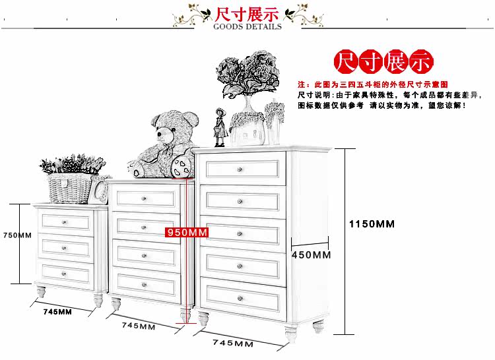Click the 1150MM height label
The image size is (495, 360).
click(x=372, y=224)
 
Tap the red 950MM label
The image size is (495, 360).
click(x=187, y=232)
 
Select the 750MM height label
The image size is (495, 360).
click(x=17, y=235)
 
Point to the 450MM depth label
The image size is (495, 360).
click(x=311, y=255)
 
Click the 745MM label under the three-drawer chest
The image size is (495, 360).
click(x=57, y=312)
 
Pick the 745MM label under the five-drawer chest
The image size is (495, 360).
click(x=233, y=343)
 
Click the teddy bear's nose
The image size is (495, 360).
click(x=160, y=135)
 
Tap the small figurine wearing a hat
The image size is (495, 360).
click(x=220, y=127)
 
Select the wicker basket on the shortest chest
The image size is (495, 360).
click(x=70, y=188)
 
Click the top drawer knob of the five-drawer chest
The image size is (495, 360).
click(x=240, y=169)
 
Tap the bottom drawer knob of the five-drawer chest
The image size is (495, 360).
click(x=240, y=298)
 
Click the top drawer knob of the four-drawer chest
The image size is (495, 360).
click(x=144, y=198)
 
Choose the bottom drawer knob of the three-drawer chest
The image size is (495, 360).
click(x=64, y=274)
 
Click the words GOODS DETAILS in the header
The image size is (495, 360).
click(x=247, y=26)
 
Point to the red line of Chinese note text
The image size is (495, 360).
click(x=372, y=84)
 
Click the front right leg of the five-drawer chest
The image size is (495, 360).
click(x=291, y=335)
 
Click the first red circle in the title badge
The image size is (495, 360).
click(x=346, y=61)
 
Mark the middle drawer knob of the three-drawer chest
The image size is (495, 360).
click(x=64, y=248)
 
